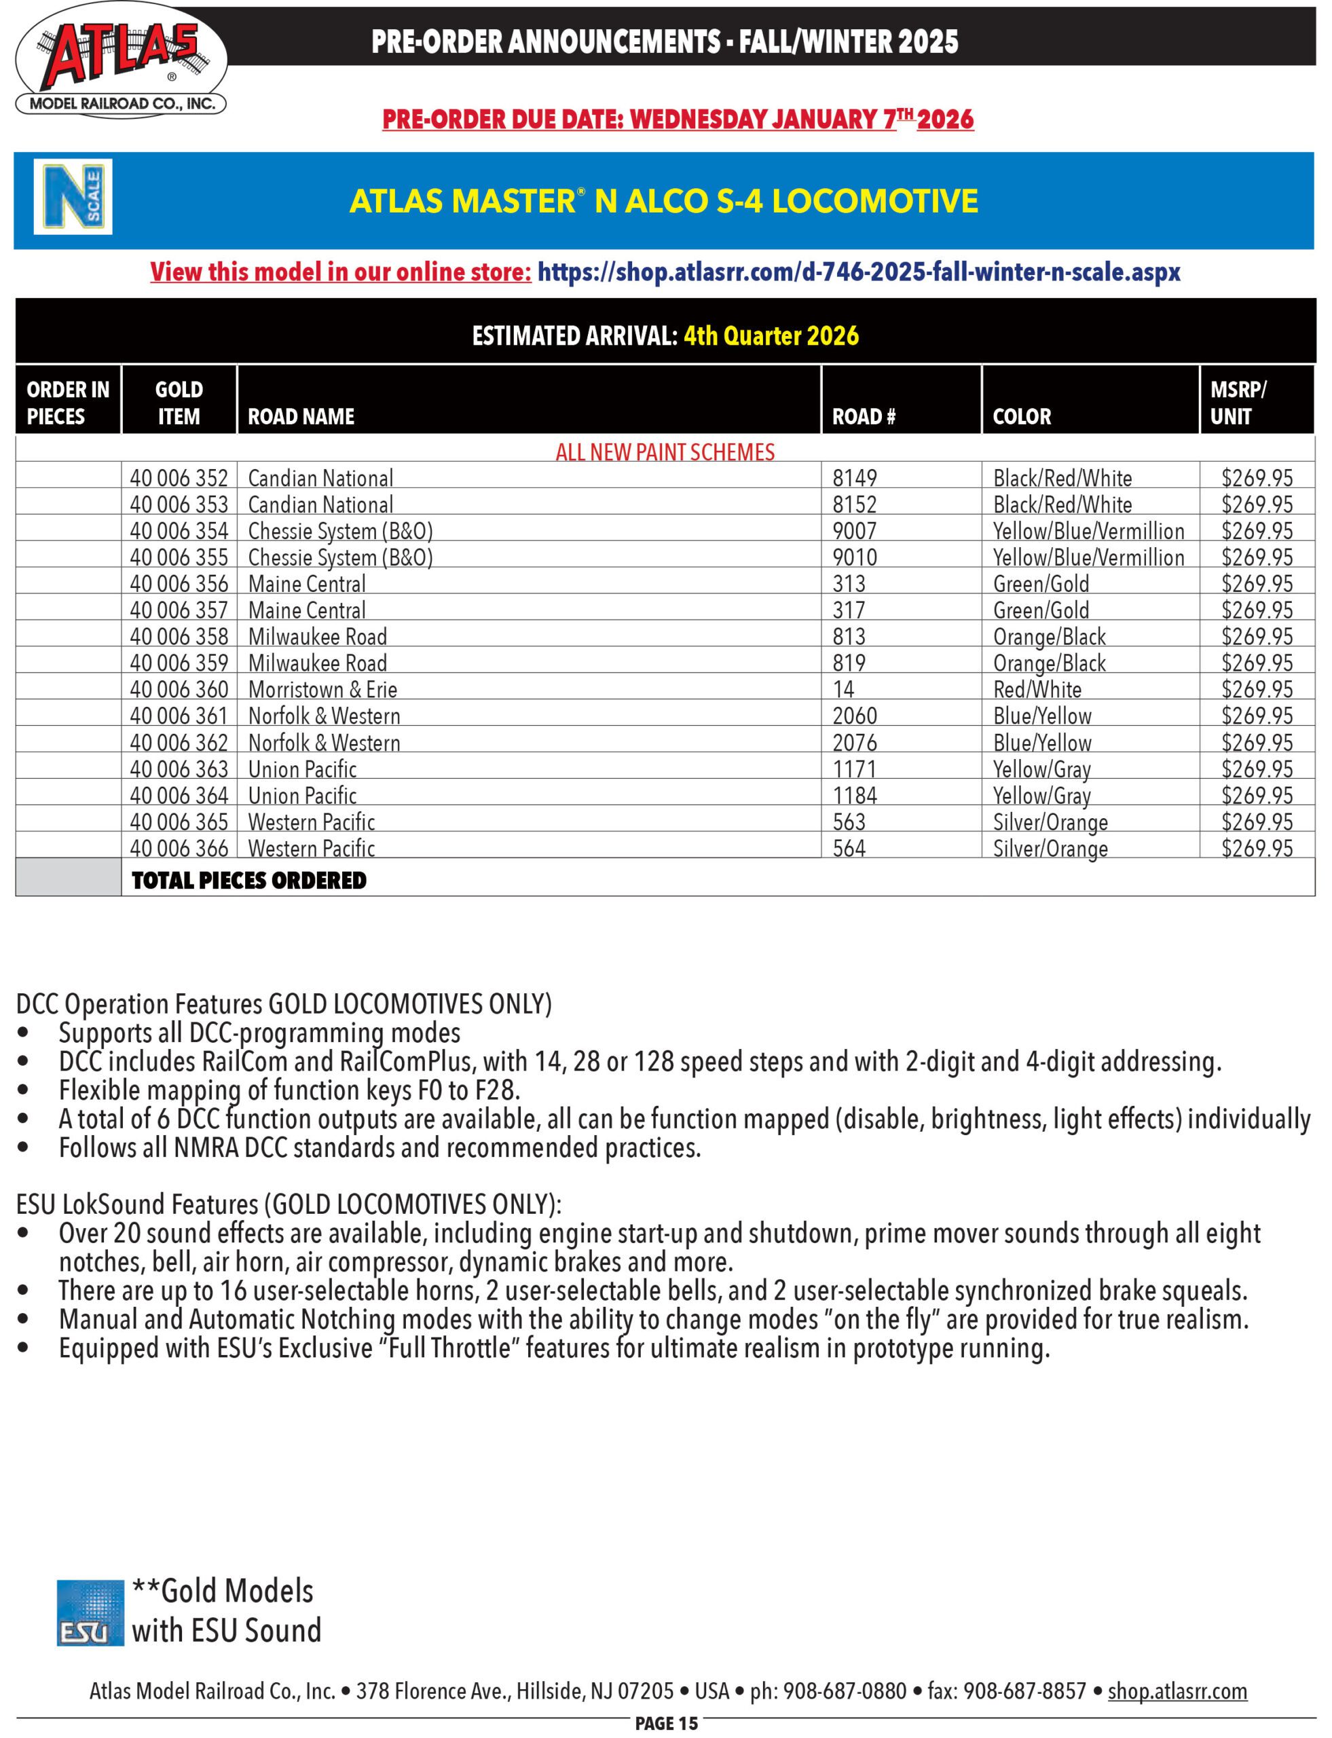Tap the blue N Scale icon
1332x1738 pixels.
[73, 197]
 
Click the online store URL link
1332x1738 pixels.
[858, 272]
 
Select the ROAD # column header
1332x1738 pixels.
[864, 416]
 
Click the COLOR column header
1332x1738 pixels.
[1021, 416]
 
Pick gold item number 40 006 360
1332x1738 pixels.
[179, 689]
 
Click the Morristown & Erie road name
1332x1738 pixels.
[322, 689]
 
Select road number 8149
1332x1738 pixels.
[854, 478]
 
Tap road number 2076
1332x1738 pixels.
[854, 742]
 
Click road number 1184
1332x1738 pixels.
[854, 795]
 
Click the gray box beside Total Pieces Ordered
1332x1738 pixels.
[68, 878]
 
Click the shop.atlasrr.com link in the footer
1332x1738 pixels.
[1177, 1691]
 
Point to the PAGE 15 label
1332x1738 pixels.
[666, 1723]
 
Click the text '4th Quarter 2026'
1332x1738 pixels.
[771, 335]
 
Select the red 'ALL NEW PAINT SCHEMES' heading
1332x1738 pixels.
[665, 452]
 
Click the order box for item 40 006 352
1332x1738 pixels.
[68, 478]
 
